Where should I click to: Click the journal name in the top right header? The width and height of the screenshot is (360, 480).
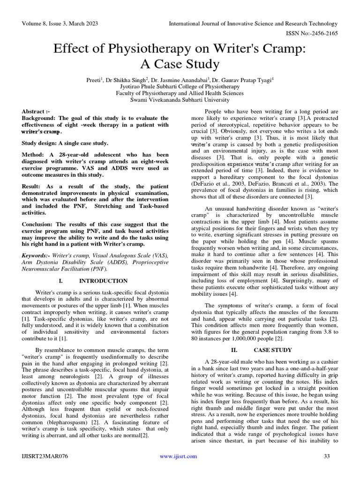click(253, 23)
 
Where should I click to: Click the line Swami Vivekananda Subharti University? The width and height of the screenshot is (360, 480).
click(180, 100)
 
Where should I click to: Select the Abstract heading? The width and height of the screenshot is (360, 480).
click(36, 112)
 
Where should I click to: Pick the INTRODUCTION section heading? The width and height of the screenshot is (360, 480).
click(103, 281)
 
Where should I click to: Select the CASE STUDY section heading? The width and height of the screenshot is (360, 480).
click(273, 350)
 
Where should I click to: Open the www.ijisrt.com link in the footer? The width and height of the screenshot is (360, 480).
click(178, 456)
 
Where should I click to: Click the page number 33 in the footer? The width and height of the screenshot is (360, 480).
click(327, 456)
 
